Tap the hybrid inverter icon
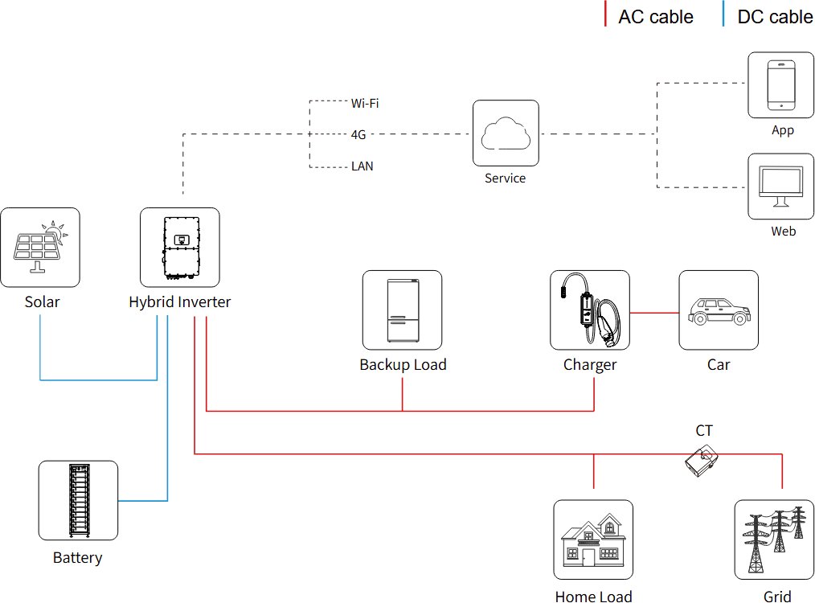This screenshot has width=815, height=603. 181,248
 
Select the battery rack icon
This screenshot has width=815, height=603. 79,500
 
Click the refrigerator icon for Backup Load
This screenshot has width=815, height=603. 402,310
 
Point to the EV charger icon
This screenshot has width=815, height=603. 590,310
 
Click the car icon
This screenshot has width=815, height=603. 719,310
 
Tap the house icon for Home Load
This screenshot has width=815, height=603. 593,540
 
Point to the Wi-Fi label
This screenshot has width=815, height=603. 365,103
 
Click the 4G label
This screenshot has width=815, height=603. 358,135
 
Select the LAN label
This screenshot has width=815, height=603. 362,166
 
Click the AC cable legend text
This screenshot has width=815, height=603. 655,17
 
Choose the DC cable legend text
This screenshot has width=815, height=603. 775,17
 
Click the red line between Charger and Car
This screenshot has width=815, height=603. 654,311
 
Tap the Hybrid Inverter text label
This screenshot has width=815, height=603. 180,302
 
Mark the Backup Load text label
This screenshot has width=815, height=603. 403,365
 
